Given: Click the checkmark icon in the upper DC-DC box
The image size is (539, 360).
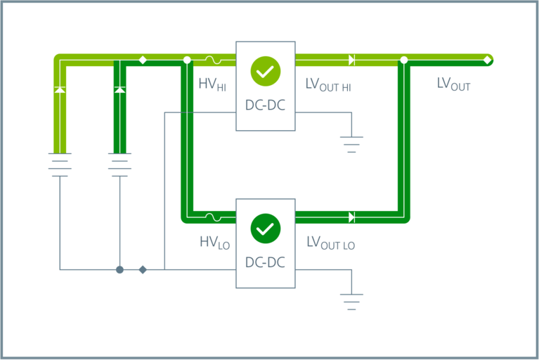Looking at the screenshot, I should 265,71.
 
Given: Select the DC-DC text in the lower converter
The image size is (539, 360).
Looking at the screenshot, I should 265,263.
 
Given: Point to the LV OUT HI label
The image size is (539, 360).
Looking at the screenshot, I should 328,85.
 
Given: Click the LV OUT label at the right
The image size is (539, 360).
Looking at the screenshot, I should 453,84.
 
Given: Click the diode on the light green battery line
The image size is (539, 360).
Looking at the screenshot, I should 60,90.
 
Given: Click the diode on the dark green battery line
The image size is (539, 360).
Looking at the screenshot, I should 119,90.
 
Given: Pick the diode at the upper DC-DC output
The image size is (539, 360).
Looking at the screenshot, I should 351,60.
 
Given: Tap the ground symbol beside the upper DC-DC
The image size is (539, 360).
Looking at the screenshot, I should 351,145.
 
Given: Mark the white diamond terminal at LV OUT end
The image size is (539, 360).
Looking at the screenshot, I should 488,60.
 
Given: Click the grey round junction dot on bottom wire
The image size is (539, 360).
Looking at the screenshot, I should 120,269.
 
